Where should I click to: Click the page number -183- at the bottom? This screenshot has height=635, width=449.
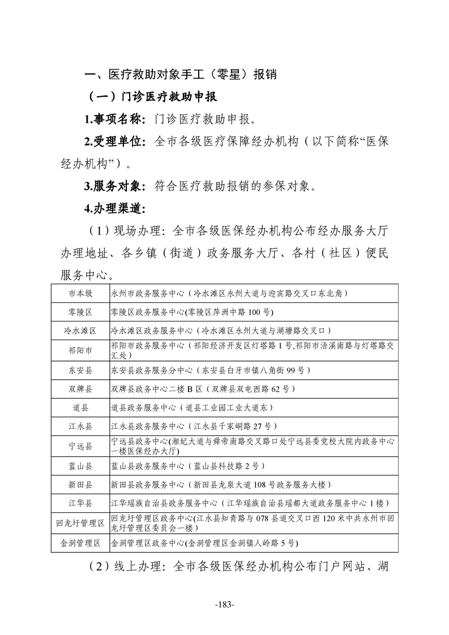coord(225,604)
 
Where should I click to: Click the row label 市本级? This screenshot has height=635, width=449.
coord(80,293)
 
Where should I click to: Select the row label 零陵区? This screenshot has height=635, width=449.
coord(80,312)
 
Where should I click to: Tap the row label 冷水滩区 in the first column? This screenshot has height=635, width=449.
coord(80,331)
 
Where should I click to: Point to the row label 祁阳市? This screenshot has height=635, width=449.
coord(80,350)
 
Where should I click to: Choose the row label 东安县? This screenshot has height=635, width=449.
coord(80,370)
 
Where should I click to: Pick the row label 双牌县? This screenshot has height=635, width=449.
coord(80,389)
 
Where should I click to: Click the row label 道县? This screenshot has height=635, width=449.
coord(80,407)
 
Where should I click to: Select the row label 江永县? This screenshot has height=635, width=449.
coord(80,426)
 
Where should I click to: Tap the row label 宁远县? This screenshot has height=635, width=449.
coord(80,446)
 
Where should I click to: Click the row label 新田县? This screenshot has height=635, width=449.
coord(80,484)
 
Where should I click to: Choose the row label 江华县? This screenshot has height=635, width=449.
coord(80,503)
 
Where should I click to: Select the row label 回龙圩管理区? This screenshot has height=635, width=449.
coord(80,523)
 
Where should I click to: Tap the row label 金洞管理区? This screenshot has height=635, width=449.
coord(80,543)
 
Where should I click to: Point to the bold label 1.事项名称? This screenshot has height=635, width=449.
coord(114,119)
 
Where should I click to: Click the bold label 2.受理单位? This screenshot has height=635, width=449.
coord(114,141)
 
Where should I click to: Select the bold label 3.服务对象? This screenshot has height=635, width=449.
coord(114,186)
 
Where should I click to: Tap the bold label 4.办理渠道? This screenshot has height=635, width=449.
coord(114,208)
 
